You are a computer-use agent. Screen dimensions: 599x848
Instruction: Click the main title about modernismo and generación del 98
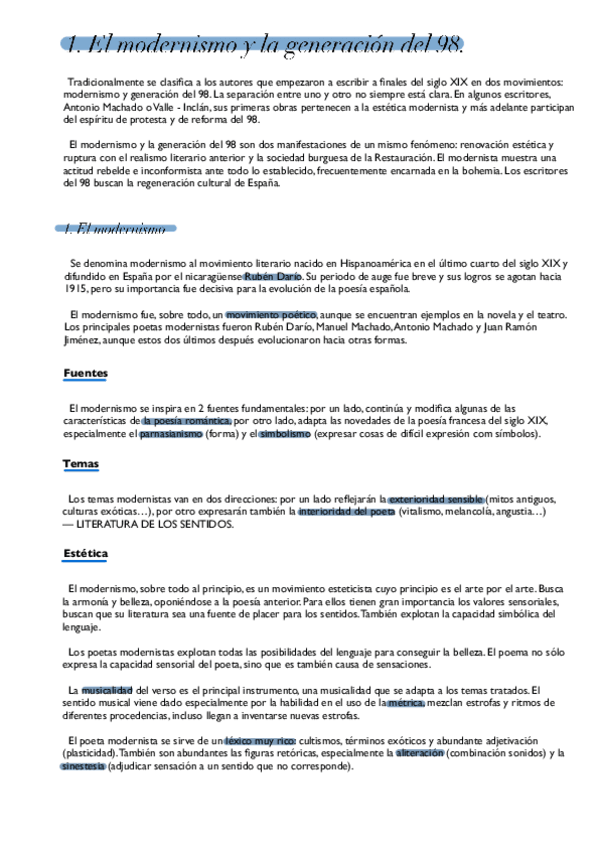point(263,44)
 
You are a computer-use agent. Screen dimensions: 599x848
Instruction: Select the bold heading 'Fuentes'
point(85,373)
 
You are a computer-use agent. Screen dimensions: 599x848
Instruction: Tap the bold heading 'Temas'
point(80,464)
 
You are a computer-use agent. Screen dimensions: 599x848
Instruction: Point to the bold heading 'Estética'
point(85,553)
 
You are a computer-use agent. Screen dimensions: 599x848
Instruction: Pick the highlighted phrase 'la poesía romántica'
point(180,421)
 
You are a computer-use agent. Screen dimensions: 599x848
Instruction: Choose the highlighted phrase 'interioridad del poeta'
point(346,511)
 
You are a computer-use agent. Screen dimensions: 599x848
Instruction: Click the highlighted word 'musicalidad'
point(106,690)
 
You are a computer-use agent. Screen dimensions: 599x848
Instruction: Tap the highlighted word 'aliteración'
point(419,753)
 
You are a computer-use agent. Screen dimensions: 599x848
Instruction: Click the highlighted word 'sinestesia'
point(82,766)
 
